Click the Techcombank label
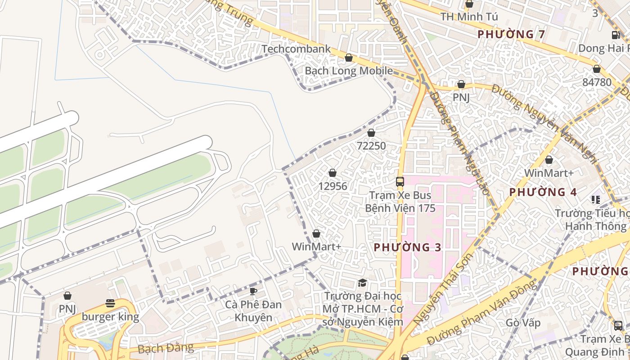tap(296, 49)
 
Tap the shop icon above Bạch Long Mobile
tap(349, 58)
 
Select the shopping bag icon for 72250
tap(371, 133)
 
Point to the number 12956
tap(333, 186)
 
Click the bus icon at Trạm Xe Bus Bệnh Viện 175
tap(400, 182)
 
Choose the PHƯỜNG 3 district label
tap(407, 247)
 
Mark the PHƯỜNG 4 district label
tap(543, 192)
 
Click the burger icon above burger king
tap(110, 303)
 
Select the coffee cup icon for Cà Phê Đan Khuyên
tap(253, 291)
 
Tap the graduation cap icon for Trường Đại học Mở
tap(362, 283)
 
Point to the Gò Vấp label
tap(523, 323)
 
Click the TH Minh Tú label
tap(469, 17)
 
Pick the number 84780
tap(597, 82)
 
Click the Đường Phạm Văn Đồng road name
tap(481, 312)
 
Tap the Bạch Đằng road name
tap(166, 348)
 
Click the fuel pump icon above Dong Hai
tap(615, 35)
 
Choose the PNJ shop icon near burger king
tap(67, 296)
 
